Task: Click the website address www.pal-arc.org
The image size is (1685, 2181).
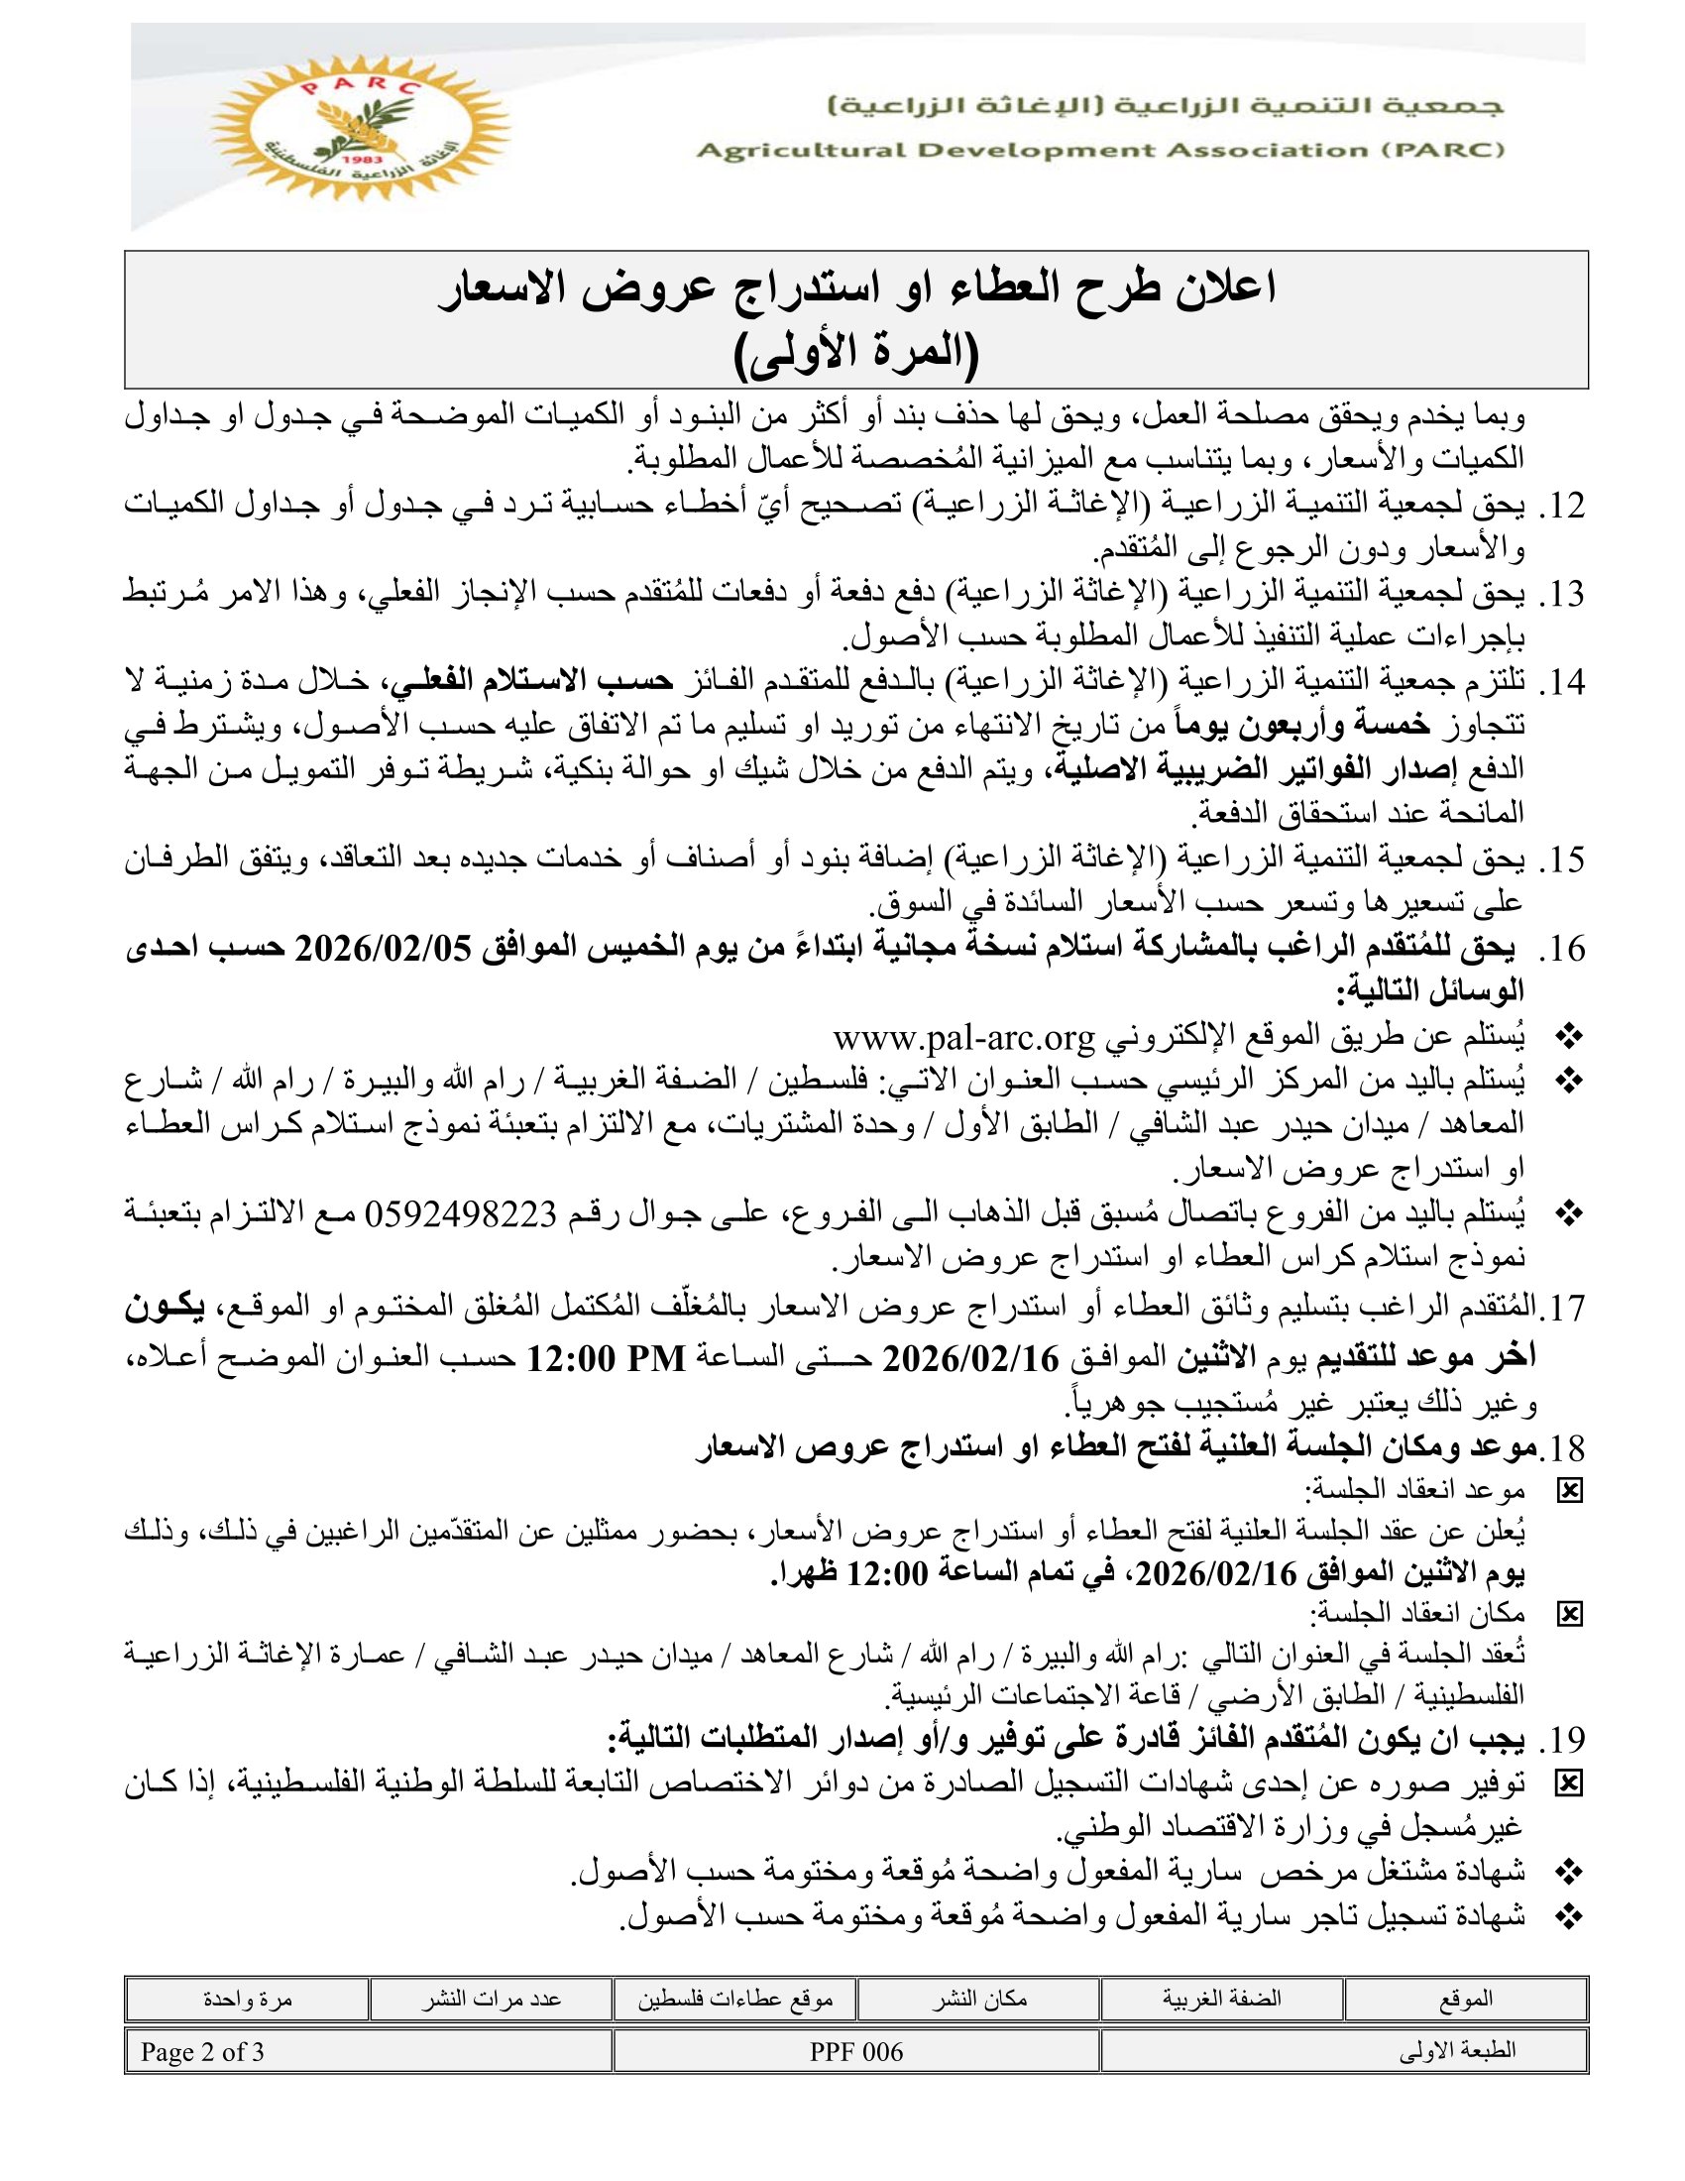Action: click(964, 1040)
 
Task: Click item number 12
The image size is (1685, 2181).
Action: click(1563, 507)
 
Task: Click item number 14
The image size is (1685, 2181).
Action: click(1563, 683)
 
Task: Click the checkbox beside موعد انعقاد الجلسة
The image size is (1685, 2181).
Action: click(1570, 1492)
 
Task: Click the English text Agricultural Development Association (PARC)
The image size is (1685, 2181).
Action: click(1099, 152)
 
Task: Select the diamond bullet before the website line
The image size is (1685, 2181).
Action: click(1570, 1040)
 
